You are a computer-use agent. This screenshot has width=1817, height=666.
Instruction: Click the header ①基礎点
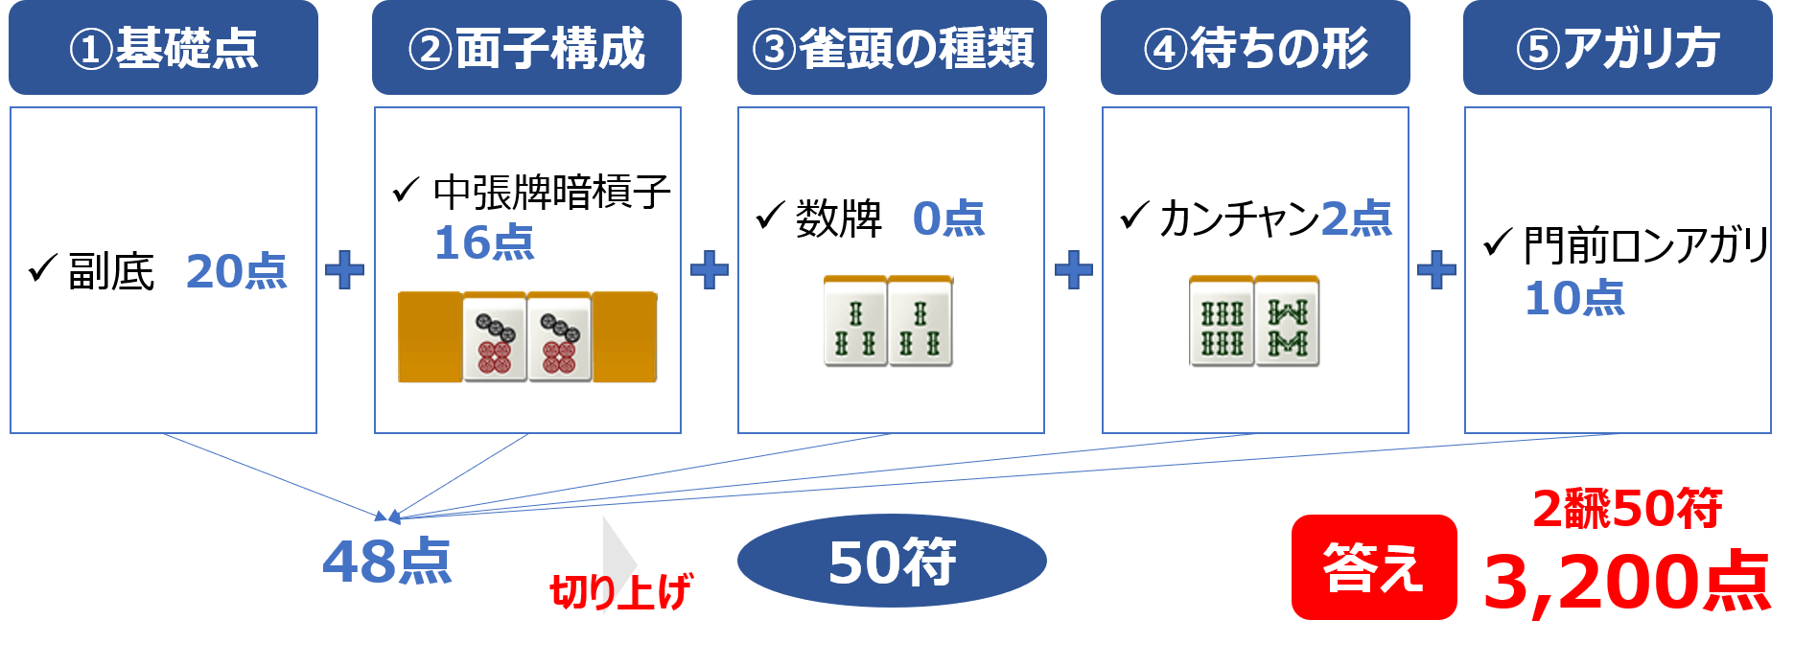tap(163, 48)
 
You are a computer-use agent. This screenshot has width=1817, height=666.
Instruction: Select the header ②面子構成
tap(526, 48)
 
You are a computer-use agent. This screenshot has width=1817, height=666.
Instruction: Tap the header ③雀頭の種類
tap(892, 48)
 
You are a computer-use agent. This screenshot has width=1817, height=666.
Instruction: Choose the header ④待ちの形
tap(1255, 48)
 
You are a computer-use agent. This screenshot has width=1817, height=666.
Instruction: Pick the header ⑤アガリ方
tap(1618, 48)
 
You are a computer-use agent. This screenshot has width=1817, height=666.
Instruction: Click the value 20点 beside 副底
tap(236, 271)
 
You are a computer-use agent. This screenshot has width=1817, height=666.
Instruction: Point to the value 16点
tap(484, 242)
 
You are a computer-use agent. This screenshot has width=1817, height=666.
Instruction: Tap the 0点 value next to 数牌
tap(948, 218)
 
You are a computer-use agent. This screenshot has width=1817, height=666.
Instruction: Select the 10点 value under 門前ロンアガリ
tap(1574, 298)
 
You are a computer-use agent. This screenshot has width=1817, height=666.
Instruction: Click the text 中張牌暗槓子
tap(551, 193)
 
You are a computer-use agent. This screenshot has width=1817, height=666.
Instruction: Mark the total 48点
tap(387, 562)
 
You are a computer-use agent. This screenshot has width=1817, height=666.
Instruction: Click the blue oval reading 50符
tap(892, 562)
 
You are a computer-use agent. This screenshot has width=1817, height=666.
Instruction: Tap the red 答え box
tap(1373, 567)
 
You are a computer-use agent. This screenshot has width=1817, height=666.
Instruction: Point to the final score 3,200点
tap(1626, 582)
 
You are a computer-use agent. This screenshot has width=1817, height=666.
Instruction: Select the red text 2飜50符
tap(1627, 509)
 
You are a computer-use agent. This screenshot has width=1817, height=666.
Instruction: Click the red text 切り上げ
tap(621, 591)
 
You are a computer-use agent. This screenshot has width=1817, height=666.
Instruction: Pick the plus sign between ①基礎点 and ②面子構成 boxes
tap(345, 270)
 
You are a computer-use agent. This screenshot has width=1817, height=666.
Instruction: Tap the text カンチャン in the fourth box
tap(1239, 218)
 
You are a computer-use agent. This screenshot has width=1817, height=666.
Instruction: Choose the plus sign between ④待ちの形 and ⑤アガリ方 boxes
tap(1436, 270)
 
